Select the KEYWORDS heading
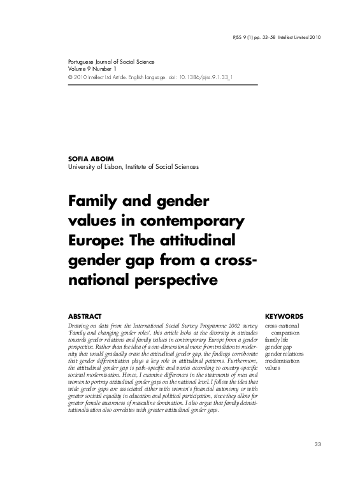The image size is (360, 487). [x=284, y=316]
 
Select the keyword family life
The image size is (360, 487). [x=278, y=340]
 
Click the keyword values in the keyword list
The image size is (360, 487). [x=272, y=368]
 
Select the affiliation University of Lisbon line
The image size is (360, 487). [x=133, y=167]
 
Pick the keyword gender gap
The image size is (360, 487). [x=279, y=347]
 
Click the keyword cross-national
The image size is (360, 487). [x=284, y=326]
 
